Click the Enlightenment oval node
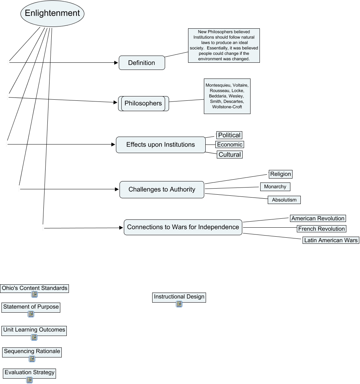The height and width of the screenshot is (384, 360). (52, 14)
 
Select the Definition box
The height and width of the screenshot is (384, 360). (142, 63)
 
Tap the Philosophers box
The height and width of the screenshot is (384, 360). (143, 104)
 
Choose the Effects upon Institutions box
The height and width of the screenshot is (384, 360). (160, 145)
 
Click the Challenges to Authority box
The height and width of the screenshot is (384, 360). (162, 190)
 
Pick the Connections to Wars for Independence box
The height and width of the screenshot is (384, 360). (183, 227)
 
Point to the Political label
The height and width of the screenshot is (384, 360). (229, 135)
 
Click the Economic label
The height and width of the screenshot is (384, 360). (230, 144)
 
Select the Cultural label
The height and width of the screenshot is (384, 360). (229, 155)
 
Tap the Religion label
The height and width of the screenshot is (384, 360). (281, 174)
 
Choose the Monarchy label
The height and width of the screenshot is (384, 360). (275, 187)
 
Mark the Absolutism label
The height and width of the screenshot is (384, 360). (284, 200)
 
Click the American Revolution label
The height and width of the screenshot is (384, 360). (318, 218)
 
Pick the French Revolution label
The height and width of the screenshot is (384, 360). (321, 229)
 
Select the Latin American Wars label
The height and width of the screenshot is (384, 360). (331, 240)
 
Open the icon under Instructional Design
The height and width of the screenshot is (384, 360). (179, 304)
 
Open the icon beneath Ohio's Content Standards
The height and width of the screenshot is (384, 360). (34, 295)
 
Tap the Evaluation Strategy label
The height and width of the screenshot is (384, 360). (29, 373)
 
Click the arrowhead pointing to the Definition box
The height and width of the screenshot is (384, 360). (116, 63)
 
